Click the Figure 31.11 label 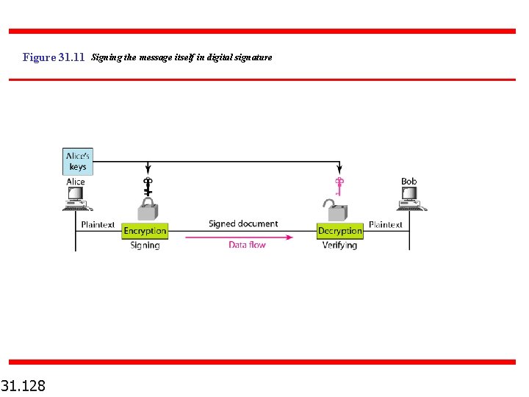point(54,57)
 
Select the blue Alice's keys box point(77,161)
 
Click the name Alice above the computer point(76,182)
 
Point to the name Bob point(409,182)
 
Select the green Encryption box point(145,231)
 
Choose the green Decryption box point(339,231)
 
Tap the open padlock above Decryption point(337,211)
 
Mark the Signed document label point(243,223)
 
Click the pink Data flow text point(247,245)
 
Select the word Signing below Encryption point(145,246)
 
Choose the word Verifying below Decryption point(339,246)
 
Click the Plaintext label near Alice point(98,225)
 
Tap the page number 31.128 point(24,385)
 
